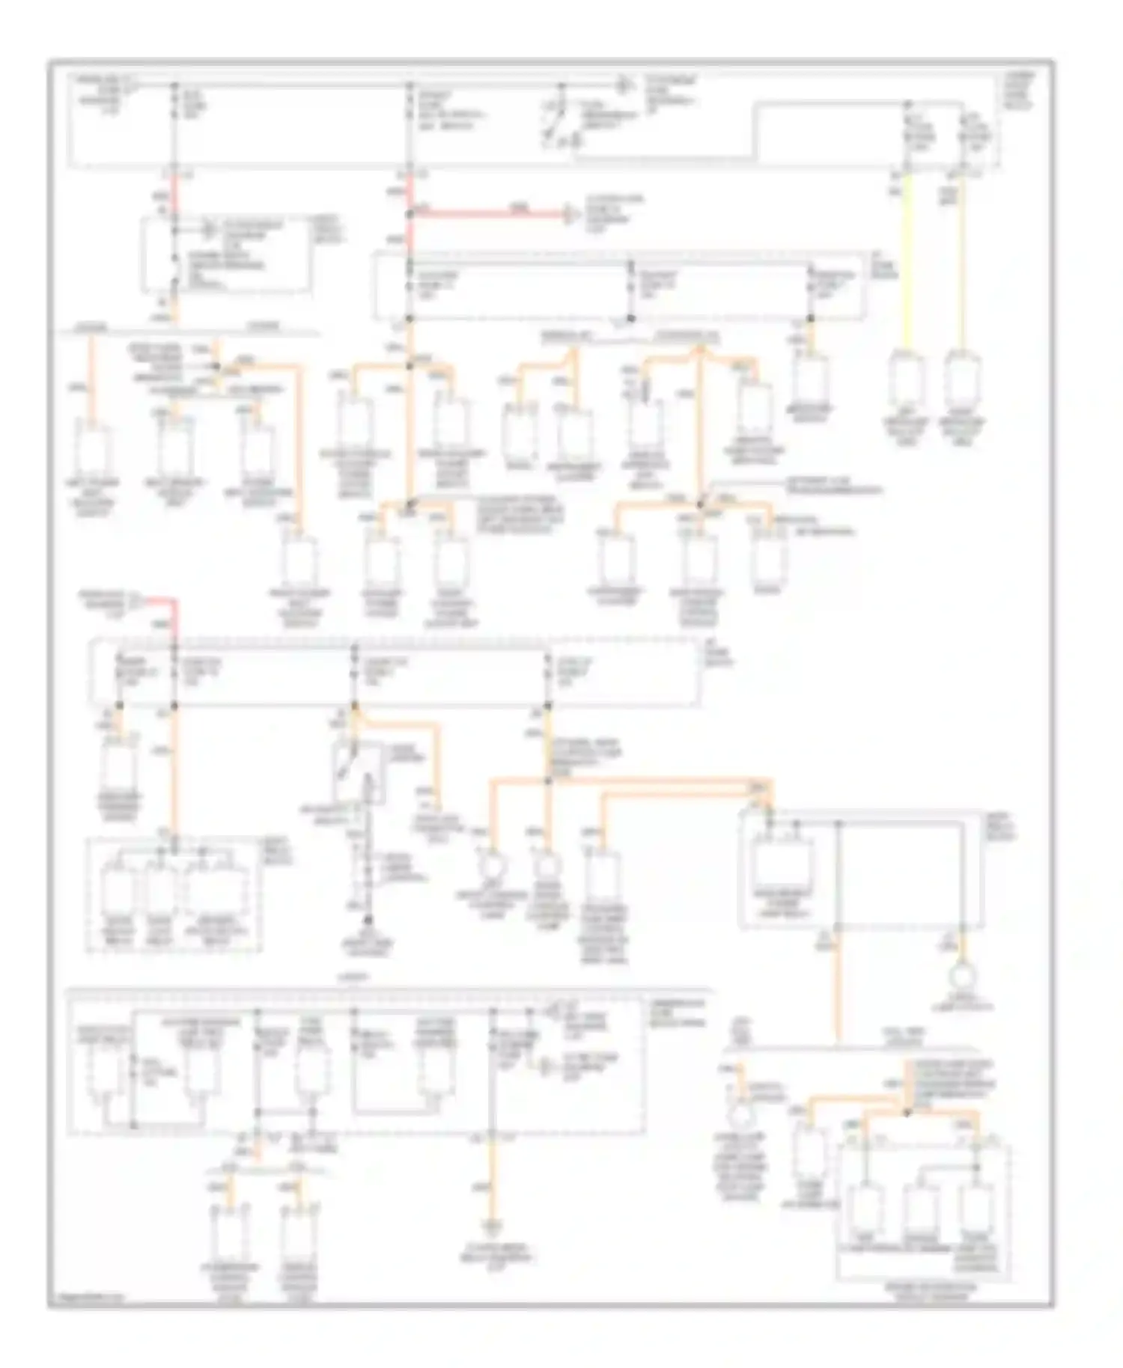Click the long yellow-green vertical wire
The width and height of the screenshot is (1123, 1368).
coord(908,262)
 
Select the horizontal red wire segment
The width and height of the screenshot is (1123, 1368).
coord(487,214)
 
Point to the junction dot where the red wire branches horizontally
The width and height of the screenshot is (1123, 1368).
coord(410,214)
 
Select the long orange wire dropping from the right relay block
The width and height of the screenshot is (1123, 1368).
coord(839,988)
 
